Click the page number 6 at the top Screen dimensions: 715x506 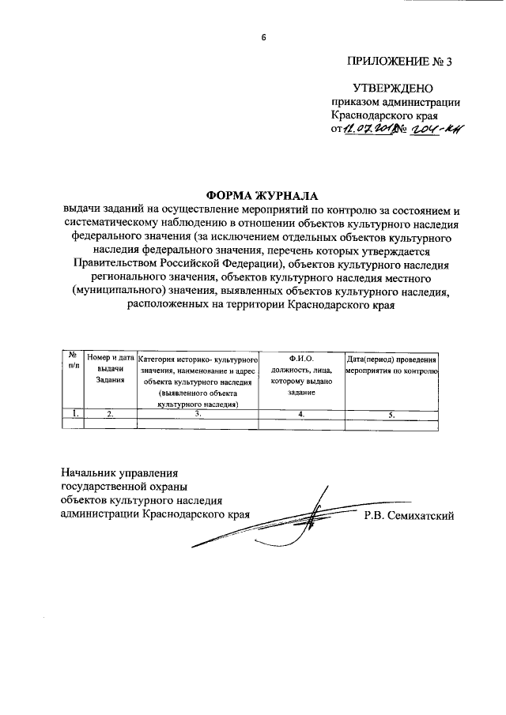265,36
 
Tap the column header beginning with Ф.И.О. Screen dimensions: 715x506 301,369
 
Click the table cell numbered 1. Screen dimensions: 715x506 73,413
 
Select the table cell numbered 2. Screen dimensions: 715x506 110,413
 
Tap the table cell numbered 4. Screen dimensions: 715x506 301,413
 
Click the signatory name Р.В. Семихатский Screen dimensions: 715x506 408,516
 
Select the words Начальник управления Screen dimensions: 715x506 120,471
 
